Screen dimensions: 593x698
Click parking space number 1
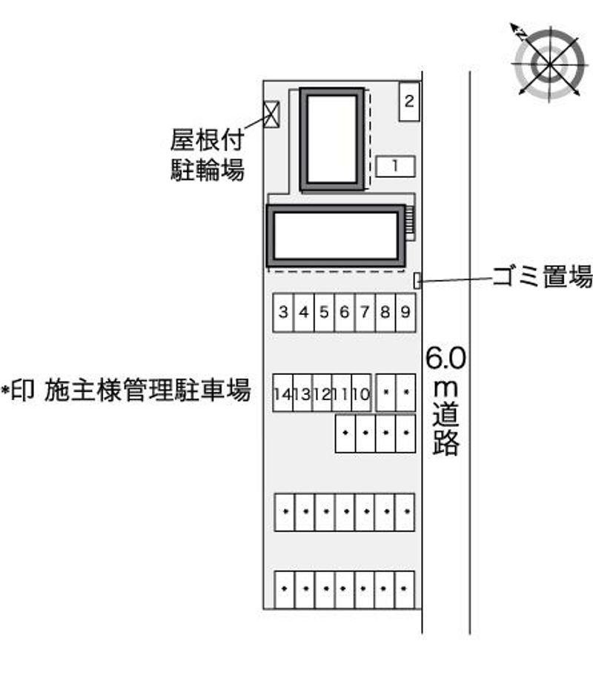coord(395,166)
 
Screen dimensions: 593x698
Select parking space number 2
coord(409,102)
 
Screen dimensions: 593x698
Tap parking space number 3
coord(283,312)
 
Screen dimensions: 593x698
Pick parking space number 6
coord(345,312)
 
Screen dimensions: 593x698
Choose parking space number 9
coord(405,312)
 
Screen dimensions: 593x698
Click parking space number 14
coord(282,393)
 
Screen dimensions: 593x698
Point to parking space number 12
coord(322,393)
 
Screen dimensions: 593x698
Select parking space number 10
coord(362,393)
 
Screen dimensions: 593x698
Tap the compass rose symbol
coord(549,62)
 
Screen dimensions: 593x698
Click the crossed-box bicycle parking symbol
coord(271,114)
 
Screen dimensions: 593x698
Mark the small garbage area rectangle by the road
coord(417,280)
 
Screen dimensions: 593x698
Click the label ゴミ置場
coord(543,276)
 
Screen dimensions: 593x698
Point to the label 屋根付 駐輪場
coord(208,155)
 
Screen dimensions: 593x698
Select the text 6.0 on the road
coord(445,357)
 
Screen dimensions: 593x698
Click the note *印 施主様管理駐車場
coord(125,390)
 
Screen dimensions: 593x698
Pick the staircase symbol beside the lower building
coord(410,223)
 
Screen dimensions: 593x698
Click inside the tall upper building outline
coord(332,139)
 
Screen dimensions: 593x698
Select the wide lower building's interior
coord(336,236)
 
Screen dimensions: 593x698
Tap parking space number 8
coord(385,312)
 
